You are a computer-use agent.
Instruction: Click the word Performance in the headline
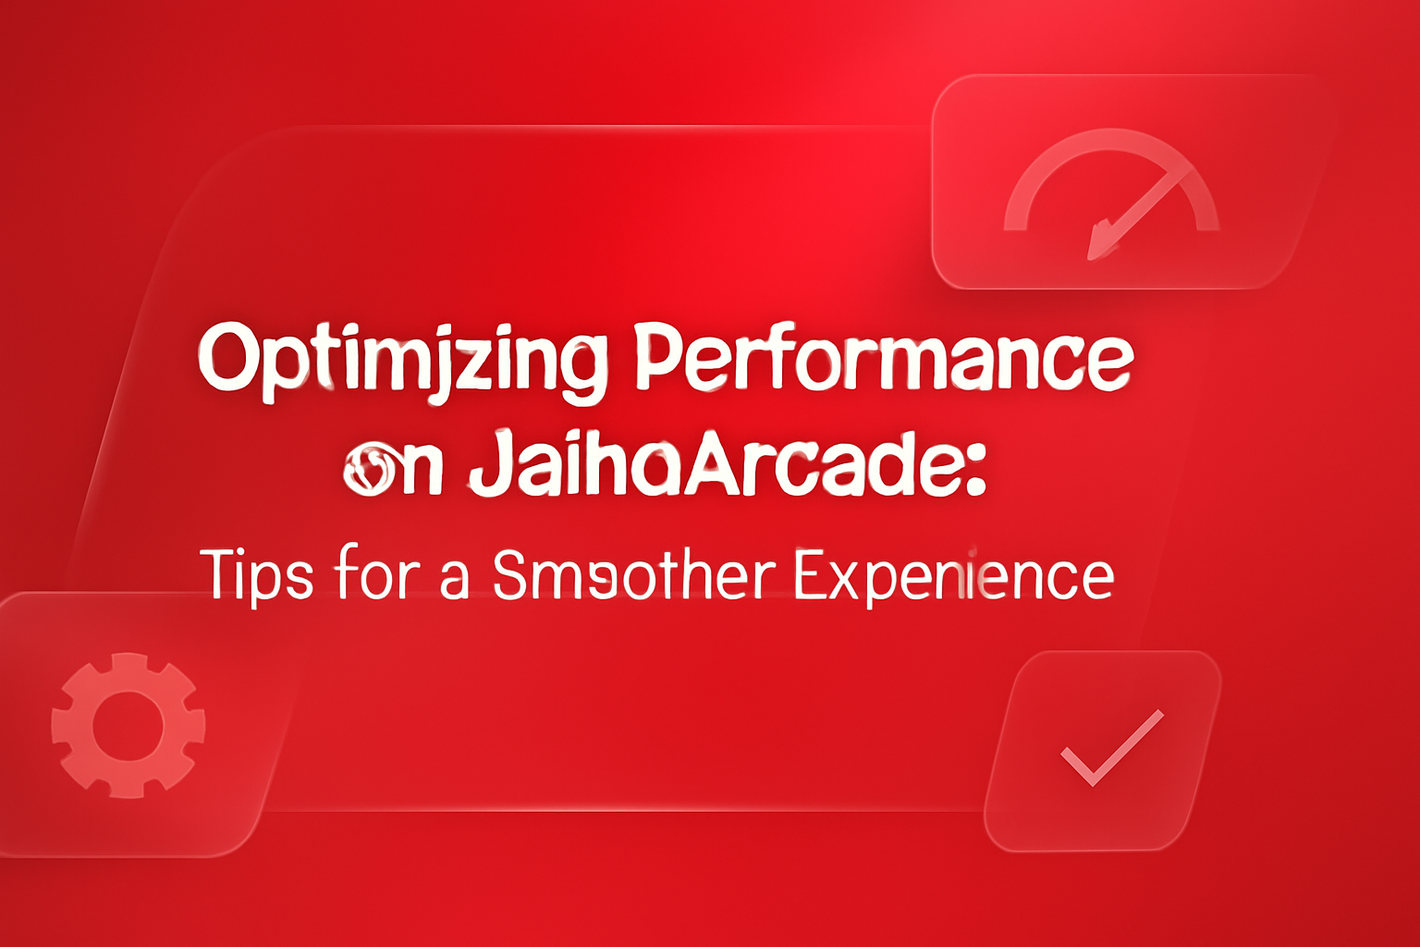click(x=884, y=358)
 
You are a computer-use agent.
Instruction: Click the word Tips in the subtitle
click(x=256, y=575)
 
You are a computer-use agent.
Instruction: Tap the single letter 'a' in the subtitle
click(x=453, y=580)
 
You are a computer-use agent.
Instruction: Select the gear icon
click(x=128, y=725)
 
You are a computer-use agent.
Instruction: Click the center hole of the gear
click(x=128, y=725)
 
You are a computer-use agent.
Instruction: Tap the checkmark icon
click(x=1110, y=747)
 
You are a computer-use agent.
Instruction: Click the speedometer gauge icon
click(x=1112, y=194)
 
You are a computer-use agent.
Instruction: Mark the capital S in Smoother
click(x=510, y=574)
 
